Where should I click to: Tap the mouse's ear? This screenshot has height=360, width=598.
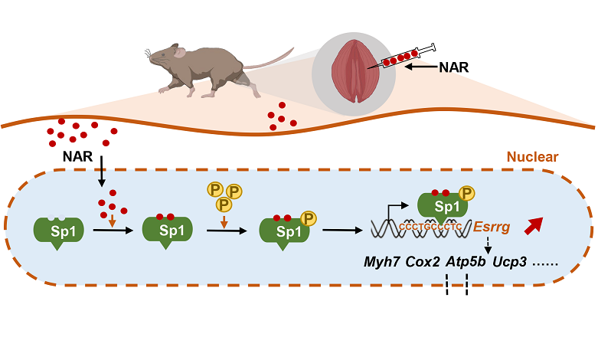[179, 53]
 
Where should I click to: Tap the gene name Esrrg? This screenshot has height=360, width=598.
[493, 227]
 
